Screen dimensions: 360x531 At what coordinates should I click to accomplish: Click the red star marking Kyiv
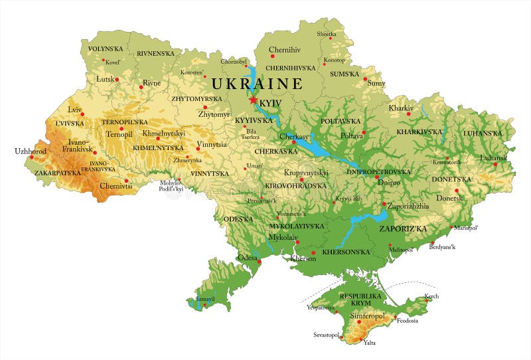[x=253, y=100]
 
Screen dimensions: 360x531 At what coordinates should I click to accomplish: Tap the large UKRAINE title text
[x=257, y=84]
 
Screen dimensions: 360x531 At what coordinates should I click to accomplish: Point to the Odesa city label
[x=247, y=257]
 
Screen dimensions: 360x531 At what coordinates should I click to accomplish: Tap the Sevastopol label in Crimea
[x=327, y=335]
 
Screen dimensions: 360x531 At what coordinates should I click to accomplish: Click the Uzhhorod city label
[x=31, y=151]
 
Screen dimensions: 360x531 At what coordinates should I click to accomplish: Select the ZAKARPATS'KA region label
[x=58, y=173]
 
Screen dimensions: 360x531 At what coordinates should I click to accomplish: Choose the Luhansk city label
[x=494, y=157]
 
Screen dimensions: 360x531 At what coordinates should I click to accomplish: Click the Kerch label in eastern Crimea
[x=431, y=296]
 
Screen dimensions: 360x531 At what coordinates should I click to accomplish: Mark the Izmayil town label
[x=206, y=300]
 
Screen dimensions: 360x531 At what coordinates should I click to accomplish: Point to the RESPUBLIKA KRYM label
[x=360, y=299]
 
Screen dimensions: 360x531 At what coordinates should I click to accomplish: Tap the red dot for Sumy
[x=365, y=79]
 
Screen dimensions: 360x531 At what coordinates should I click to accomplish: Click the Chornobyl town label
[x=233, y=61]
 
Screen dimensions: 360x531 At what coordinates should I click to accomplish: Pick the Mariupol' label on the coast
[x=466, y=228]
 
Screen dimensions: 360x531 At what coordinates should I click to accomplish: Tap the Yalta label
[x=370, y=343]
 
